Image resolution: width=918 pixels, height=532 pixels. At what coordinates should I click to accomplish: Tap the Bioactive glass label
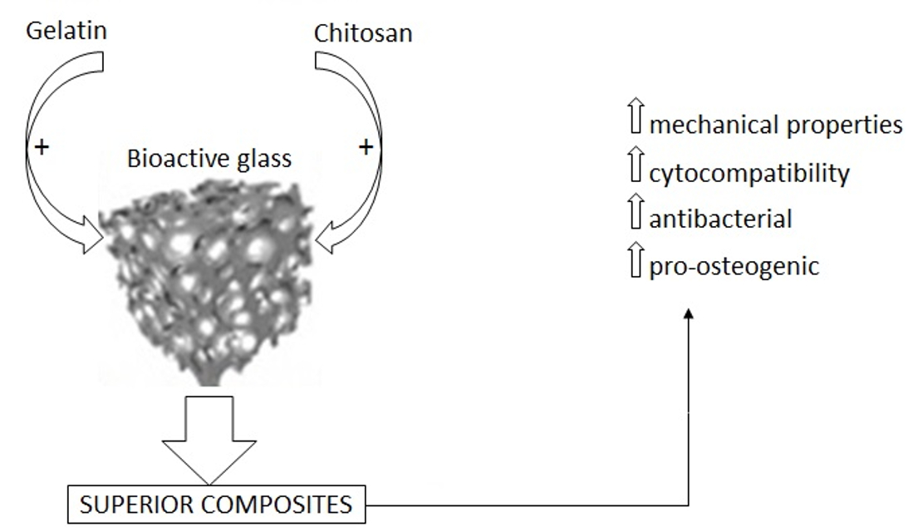pyautogui.click(x=209, y=158)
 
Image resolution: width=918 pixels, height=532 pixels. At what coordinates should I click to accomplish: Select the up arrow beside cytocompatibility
pyautogui.click(x=636, y=170)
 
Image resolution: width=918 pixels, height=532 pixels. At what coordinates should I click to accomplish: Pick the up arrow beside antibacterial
pyautogui.click(x=636, y=218)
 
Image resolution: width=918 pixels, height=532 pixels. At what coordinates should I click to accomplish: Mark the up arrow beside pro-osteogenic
pyautogui.click(x=636, y=265)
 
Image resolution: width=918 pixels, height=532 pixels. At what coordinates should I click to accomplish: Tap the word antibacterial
pyautogui.click(x=720, y=219)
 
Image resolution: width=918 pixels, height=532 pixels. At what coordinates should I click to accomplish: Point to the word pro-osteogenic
pyautogui.click(x=734, y=268)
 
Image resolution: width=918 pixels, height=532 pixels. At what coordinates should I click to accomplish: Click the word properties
pyautogui.click(x=844, y=126)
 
